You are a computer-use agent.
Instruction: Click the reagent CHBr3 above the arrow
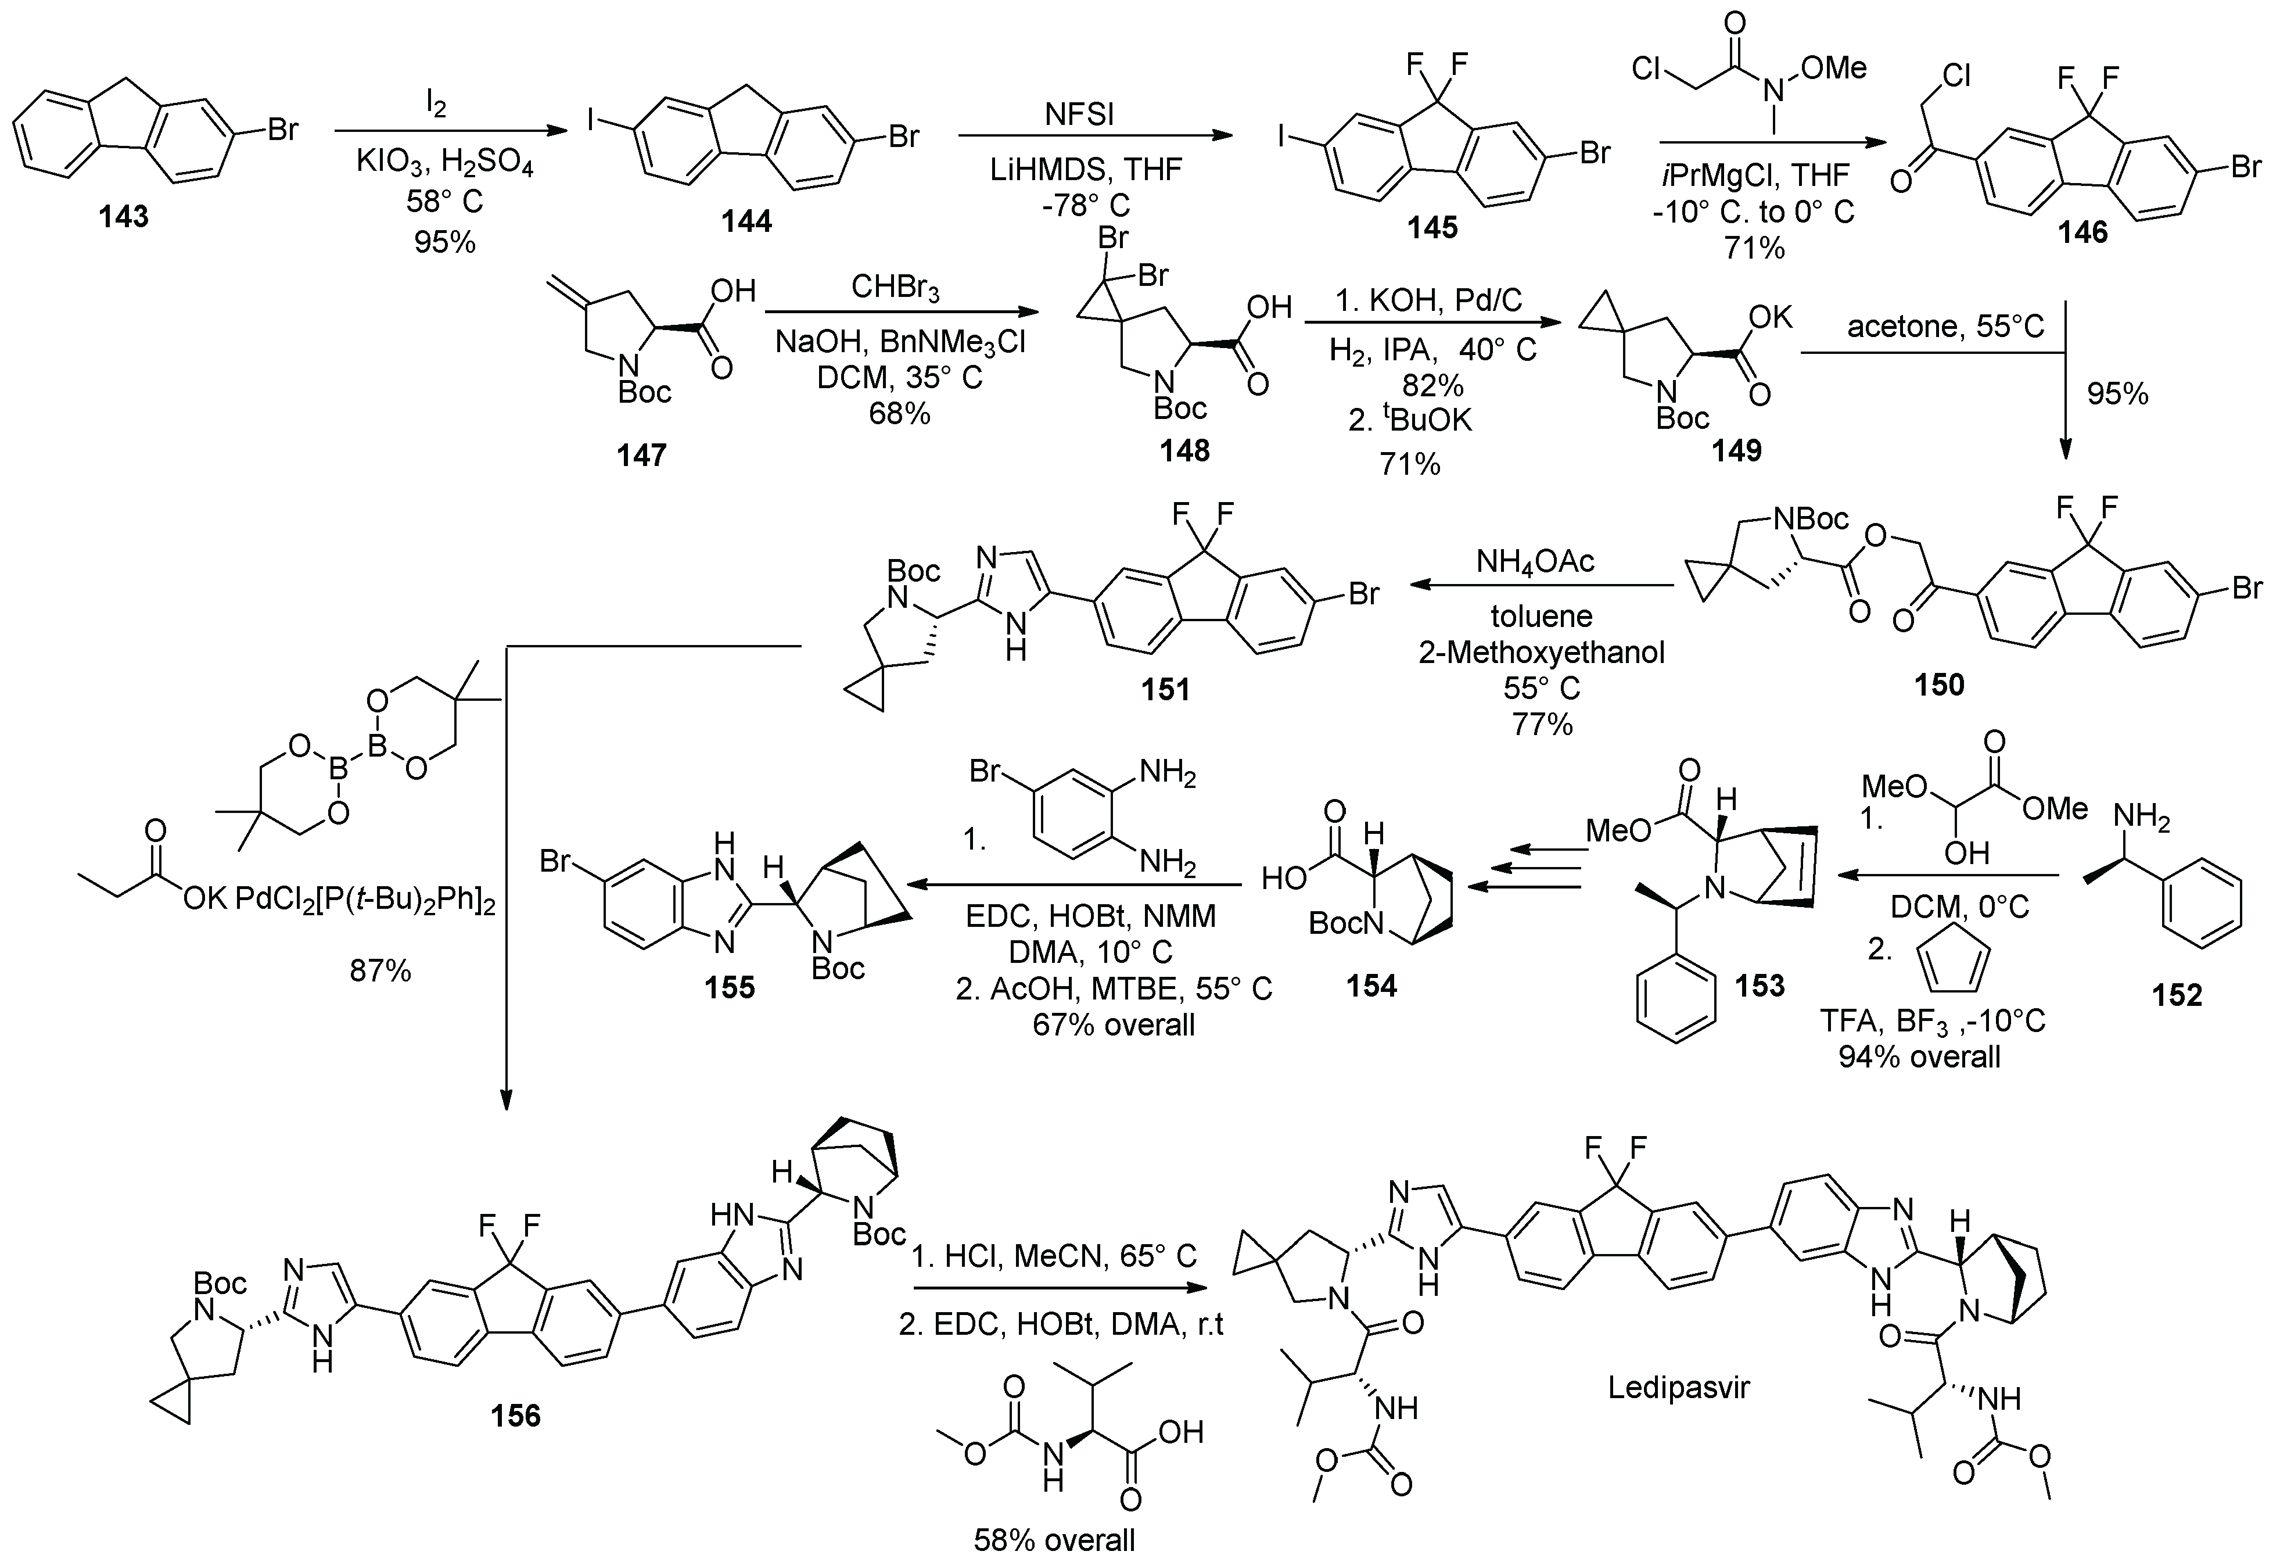click(896, 291)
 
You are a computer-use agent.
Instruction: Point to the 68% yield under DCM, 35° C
click(899, 413)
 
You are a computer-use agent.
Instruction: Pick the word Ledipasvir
click(1679, 1387)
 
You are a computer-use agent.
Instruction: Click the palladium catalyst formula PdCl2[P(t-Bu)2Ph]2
click(365, 900)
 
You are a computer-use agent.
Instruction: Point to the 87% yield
click(380, 972)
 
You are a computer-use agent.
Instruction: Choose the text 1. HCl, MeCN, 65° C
click(1055, 1257)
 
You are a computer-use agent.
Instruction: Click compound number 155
click(729, 987)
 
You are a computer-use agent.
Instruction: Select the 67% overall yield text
click(1114, 1025)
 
